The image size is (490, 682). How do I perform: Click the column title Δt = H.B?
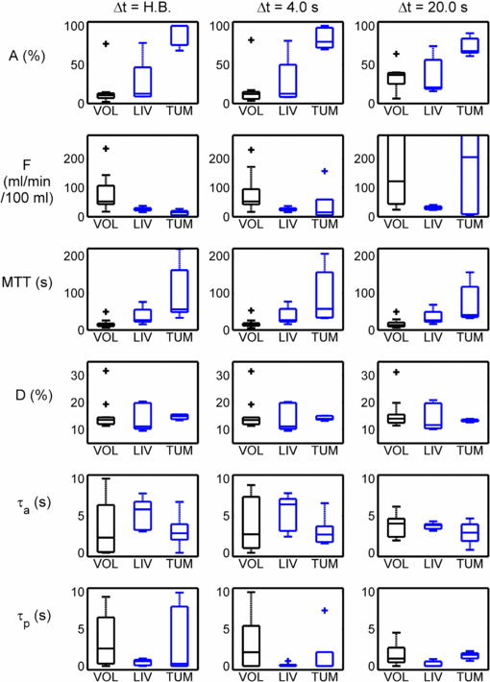[145, 9]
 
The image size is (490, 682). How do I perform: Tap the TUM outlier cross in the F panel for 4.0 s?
[325, 171]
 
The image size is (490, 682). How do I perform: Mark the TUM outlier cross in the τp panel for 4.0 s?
[325, 610]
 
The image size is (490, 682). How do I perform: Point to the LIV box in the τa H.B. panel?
[142, 515]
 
